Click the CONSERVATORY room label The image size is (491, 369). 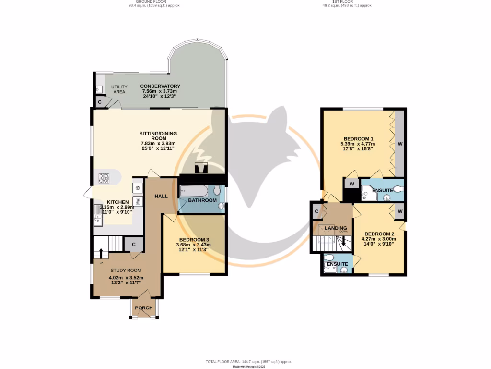tap(160, 86)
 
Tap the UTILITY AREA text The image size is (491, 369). tap(118, 89)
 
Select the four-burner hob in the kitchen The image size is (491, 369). tap(104, 178)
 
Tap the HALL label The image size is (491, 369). tap(160, 196)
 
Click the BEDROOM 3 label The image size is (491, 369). tap(194, 240)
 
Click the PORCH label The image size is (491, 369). tap(143, 308)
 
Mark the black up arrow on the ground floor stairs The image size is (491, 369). tap(101, 253)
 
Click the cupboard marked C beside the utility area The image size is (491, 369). tap(100, 102)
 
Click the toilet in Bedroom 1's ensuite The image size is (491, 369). tap(395, 190)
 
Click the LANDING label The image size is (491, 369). tap(336, 228)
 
